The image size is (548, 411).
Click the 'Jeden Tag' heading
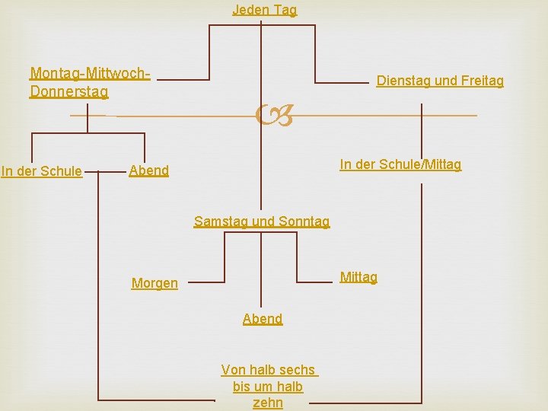(264, 10)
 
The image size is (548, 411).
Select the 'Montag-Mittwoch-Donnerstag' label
(89, 83)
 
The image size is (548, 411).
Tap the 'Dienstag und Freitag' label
(440, 81)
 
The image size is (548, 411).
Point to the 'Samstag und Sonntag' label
(262, 221)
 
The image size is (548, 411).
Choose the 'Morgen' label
(155, 283)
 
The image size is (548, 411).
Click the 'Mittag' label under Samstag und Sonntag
(358, 277)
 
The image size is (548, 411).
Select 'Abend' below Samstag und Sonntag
(263, 319)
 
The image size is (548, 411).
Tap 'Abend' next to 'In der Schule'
(149, 170)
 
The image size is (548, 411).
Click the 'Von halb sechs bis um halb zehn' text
(269, 386)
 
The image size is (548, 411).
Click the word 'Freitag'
(480, 81)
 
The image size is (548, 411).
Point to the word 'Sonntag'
(304, 221)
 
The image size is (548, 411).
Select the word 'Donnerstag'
(68, 92)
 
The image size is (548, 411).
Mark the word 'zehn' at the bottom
(268, 403)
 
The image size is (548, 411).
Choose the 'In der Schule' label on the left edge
(42, 171)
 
